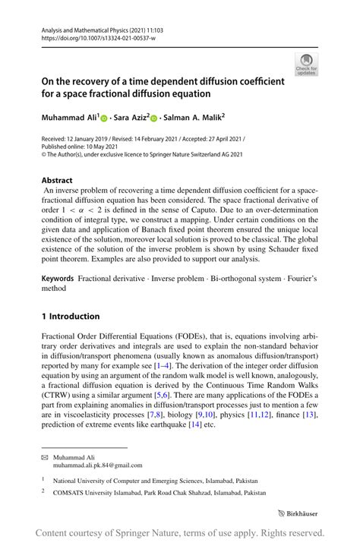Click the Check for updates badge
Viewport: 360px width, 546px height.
point(306,65)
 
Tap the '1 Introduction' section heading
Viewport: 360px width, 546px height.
point(71,316)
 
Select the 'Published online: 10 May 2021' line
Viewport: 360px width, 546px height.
point(79,148)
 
